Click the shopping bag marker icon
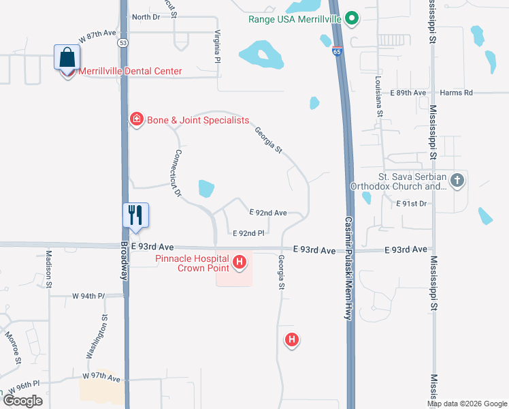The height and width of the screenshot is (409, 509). [x=67, y=58]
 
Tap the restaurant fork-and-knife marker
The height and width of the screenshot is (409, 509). [x=134, y=215]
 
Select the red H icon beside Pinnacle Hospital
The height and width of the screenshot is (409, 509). [x=240, y=262]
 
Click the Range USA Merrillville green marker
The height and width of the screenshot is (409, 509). [x=351, y=18]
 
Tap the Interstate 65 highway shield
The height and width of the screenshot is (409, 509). [x=338, y=51]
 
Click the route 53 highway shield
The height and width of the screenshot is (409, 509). [x=122, y=42]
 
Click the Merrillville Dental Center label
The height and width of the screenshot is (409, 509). [x=130, y=71]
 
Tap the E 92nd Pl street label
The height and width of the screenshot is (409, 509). [x=248, y=233]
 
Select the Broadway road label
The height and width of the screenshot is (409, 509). [x=125, y=261]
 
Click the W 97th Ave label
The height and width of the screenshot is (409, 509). [x=101, y=377]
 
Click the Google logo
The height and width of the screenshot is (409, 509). [x=23, y=401]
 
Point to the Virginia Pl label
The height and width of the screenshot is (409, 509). [x=217, y=47]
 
